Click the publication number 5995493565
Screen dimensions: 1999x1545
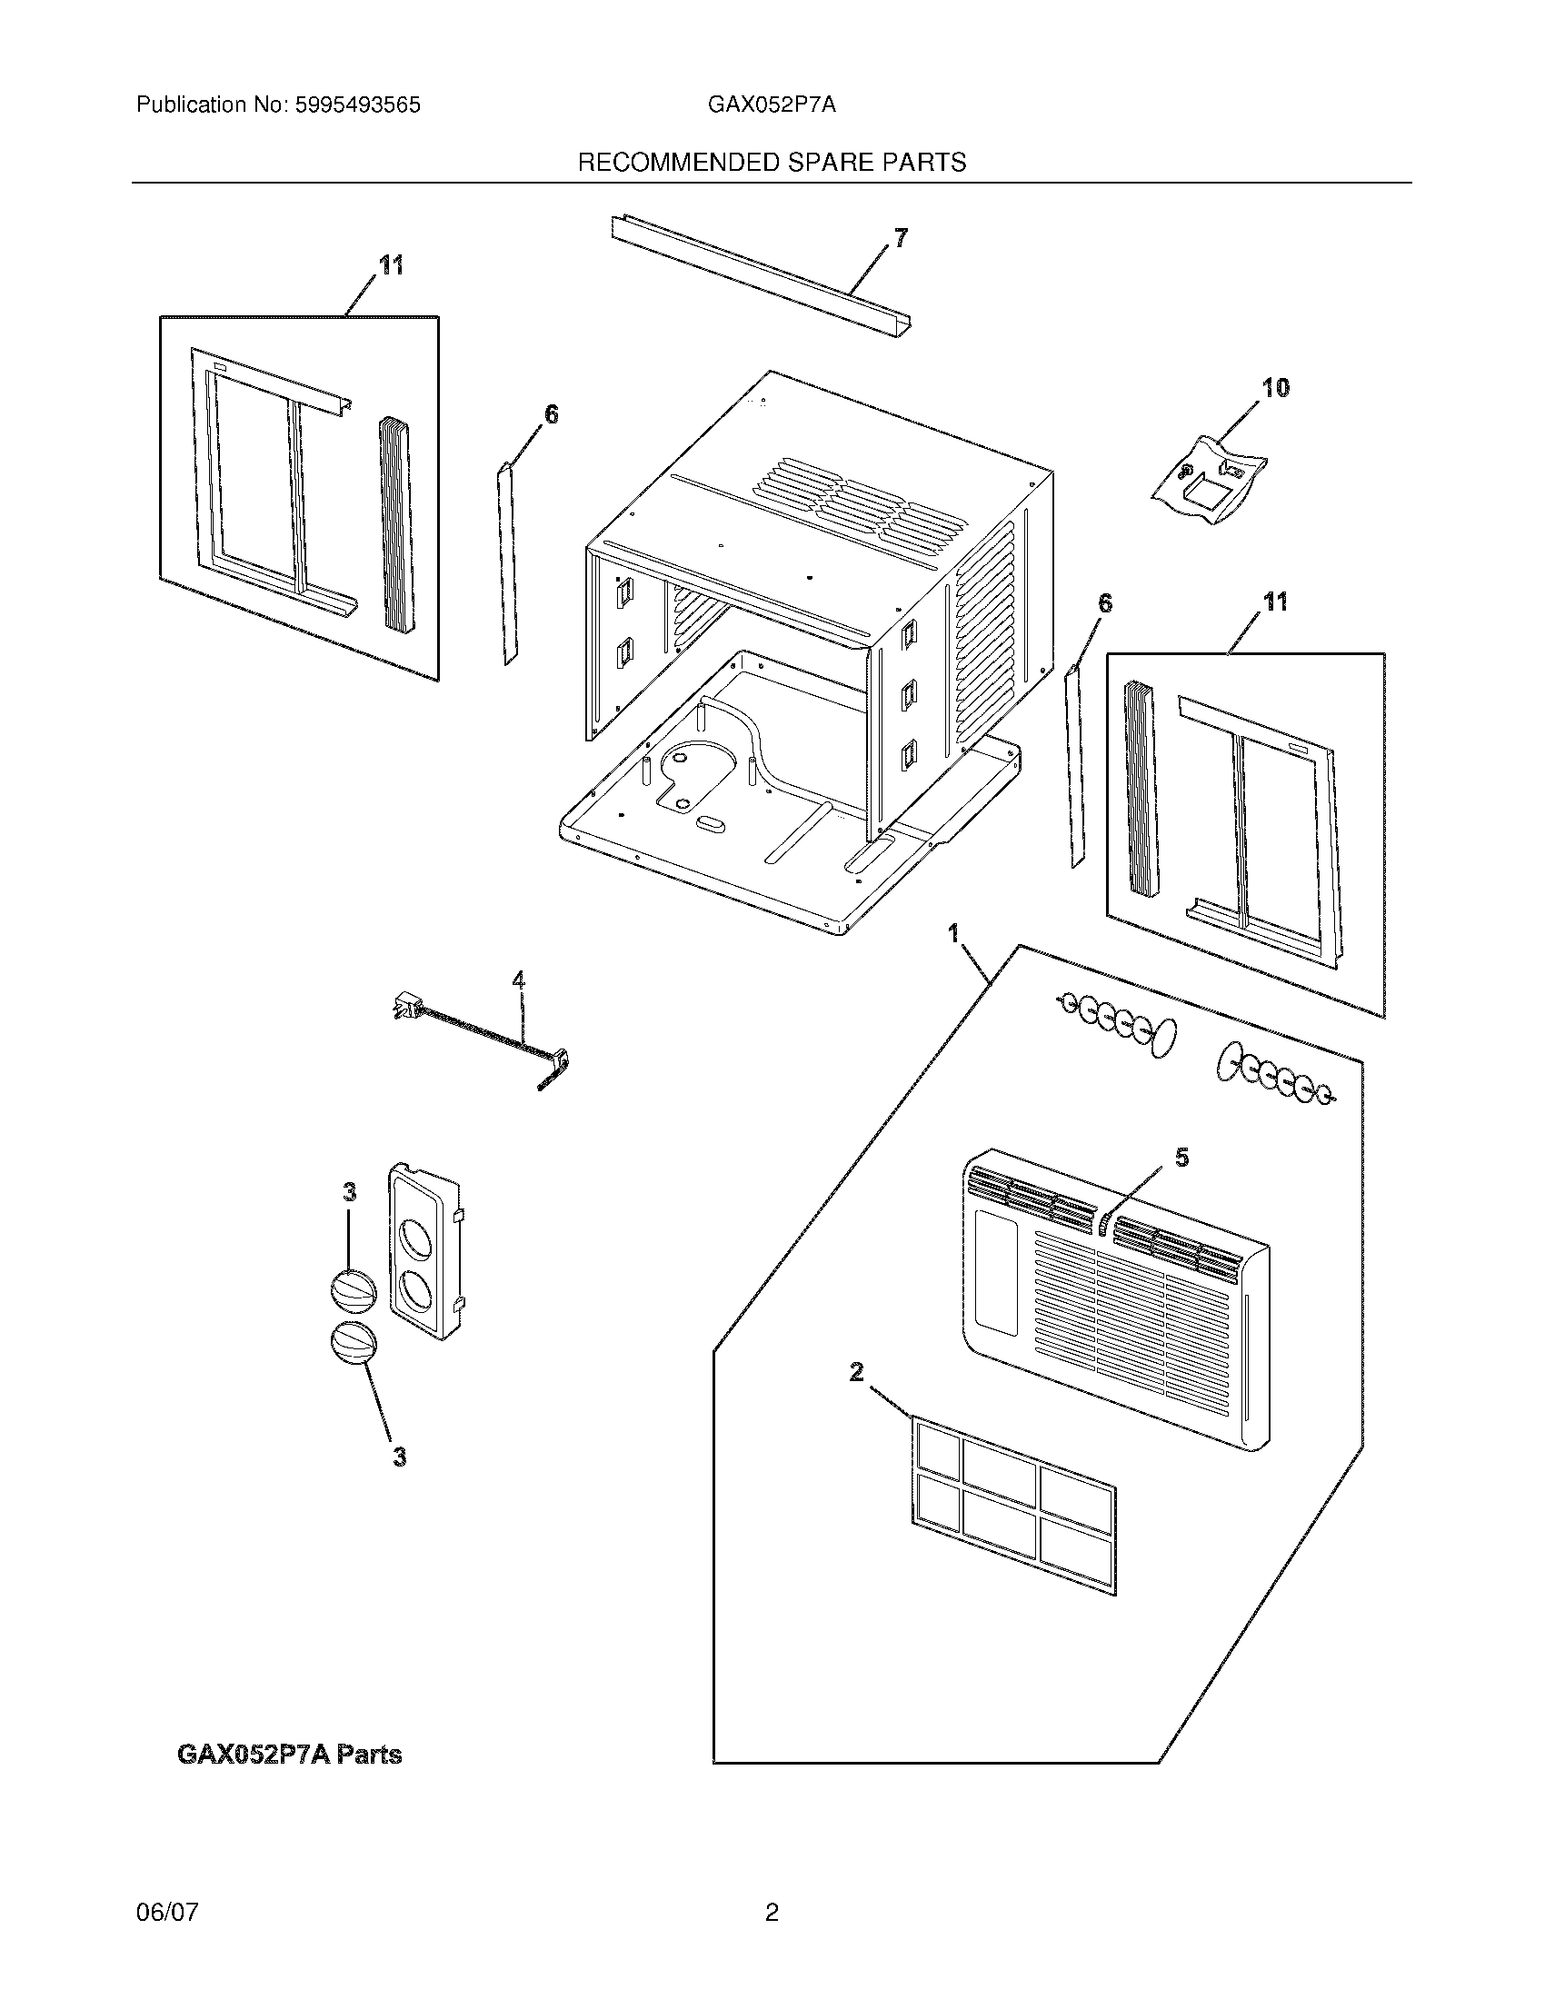[356, 105]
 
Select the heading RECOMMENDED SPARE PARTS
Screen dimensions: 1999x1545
[772, 163]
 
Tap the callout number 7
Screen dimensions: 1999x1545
[901, 239]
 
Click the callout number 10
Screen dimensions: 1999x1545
[1275, 388]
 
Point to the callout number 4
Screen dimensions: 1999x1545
[519, 980]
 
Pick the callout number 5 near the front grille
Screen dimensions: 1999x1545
[1181, 1158]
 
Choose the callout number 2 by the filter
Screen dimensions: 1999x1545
[857, 1397]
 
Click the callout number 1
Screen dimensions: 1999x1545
[952, 933]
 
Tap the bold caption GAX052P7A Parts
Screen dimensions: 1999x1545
[288, 1755]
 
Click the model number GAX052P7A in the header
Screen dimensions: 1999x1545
[771, 105]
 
